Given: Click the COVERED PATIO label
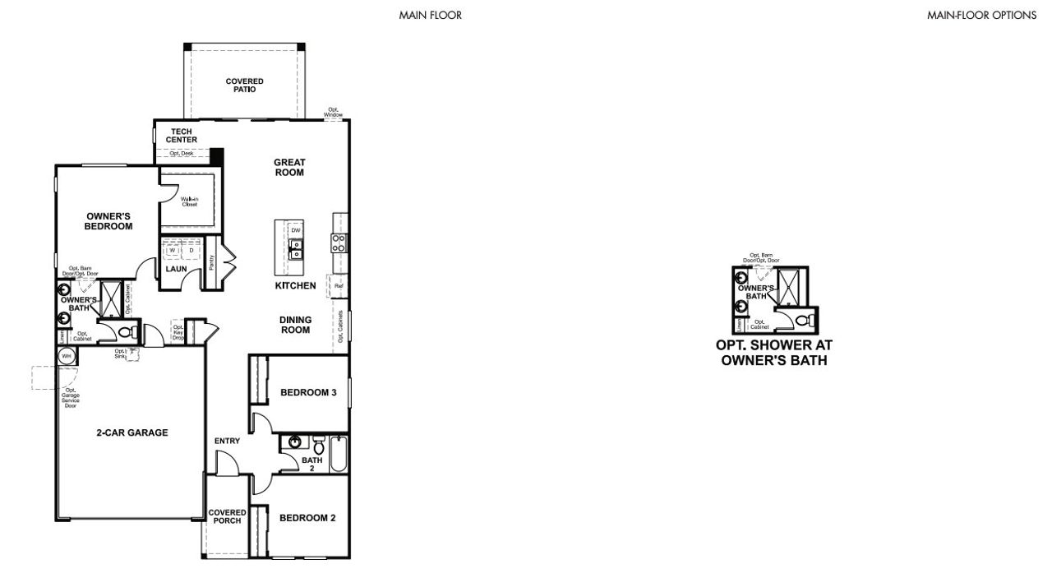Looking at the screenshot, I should tap(244, 85).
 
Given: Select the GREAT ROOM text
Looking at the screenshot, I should tap(289, 168).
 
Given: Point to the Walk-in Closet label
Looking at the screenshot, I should tap(190, 201).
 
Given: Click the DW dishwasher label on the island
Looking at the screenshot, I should tap(296, 230).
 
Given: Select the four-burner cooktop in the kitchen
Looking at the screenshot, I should tap(339, 243).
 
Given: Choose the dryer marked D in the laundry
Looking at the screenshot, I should tap(191, 250).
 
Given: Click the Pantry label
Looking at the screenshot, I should tap(212, 261).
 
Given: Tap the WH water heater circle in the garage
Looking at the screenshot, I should tap(66, 356).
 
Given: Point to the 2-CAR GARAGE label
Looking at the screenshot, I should tap(131, 432).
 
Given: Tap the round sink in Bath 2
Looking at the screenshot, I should tap(291, 444).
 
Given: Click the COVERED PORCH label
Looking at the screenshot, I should tap(227, 516).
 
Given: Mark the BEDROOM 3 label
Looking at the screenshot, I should tap(308, 393).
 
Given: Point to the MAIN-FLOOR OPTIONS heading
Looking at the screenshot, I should tap(981, 15).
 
